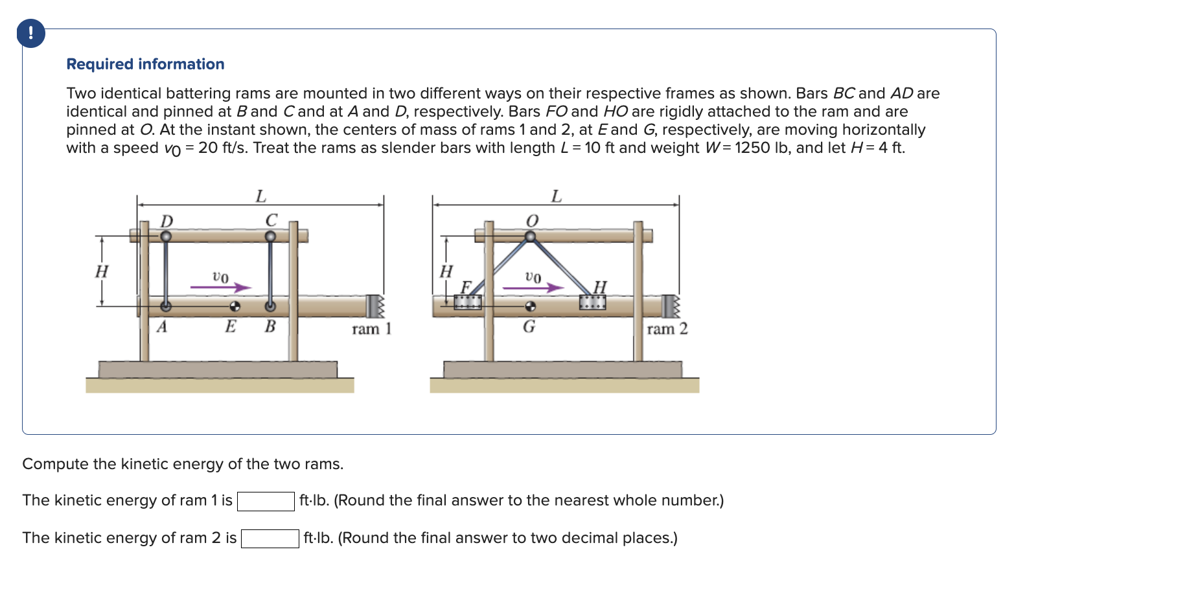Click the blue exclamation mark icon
click(x=31, y=34)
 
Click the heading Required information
click(x=145, y=64)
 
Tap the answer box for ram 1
click(x=266, y=501)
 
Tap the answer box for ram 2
click(x=270, y=538)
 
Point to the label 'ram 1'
click(x=371, y=329)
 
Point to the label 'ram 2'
click(x=667, y=329)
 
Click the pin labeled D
click(x=166, y=237)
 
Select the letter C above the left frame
click(x=271, y=220)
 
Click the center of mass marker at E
click(x=235, y=306)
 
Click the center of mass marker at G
click(x=530, y=306)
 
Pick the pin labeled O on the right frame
click(x=530, y=237)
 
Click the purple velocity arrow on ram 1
click(x=220, y=287)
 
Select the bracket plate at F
click(x=468, y=302)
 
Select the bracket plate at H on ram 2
click(x=592, y=302)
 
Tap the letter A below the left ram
click(x=162, y=327)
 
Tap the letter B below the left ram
click(x=270, y=327)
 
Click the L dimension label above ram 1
click(x=260, y=196)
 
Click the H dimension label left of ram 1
click(x=102, y=271)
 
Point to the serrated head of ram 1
click(x=375, y=306)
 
